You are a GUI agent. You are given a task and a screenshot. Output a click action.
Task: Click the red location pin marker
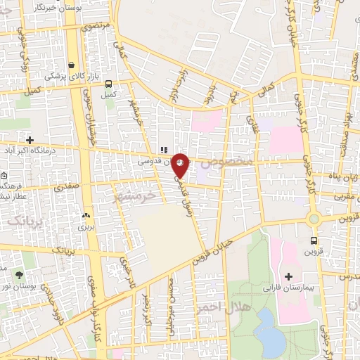[x=180, y=165]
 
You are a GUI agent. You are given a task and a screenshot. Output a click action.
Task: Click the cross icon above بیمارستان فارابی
[x=289, y=276]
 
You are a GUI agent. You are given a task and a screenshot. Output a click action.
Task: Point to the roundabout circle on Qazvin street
[x=314, y=219]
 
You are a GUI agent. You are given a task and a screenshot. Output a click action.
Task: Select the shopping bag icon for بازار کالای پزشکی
[x=72, y=65]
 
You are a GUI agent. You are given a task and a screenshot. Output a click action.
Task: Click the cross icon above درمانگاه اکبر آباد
[x=29, y=139]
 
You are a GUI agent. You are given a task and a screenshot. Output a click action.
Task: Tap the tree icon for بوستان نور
[x=18, y=275]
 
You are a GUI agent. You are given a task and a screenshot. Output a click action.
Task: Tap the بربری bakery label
[x=85, y=228]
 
